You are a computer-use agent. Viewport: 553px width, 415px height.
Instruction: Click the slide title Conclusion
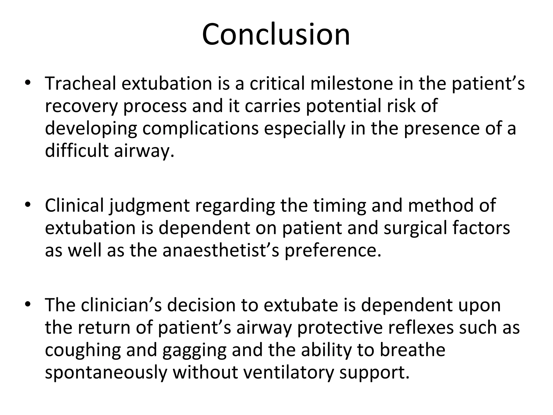point(276,35)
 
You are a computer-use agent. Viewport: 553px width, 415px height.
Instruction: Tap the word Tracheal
point(81,83)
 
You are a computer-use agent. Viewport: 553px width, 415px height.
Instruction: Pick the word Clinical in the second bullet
point(74,205)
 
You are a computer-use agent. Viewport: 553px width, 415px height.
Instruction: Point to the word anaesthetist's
point(221,250)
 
